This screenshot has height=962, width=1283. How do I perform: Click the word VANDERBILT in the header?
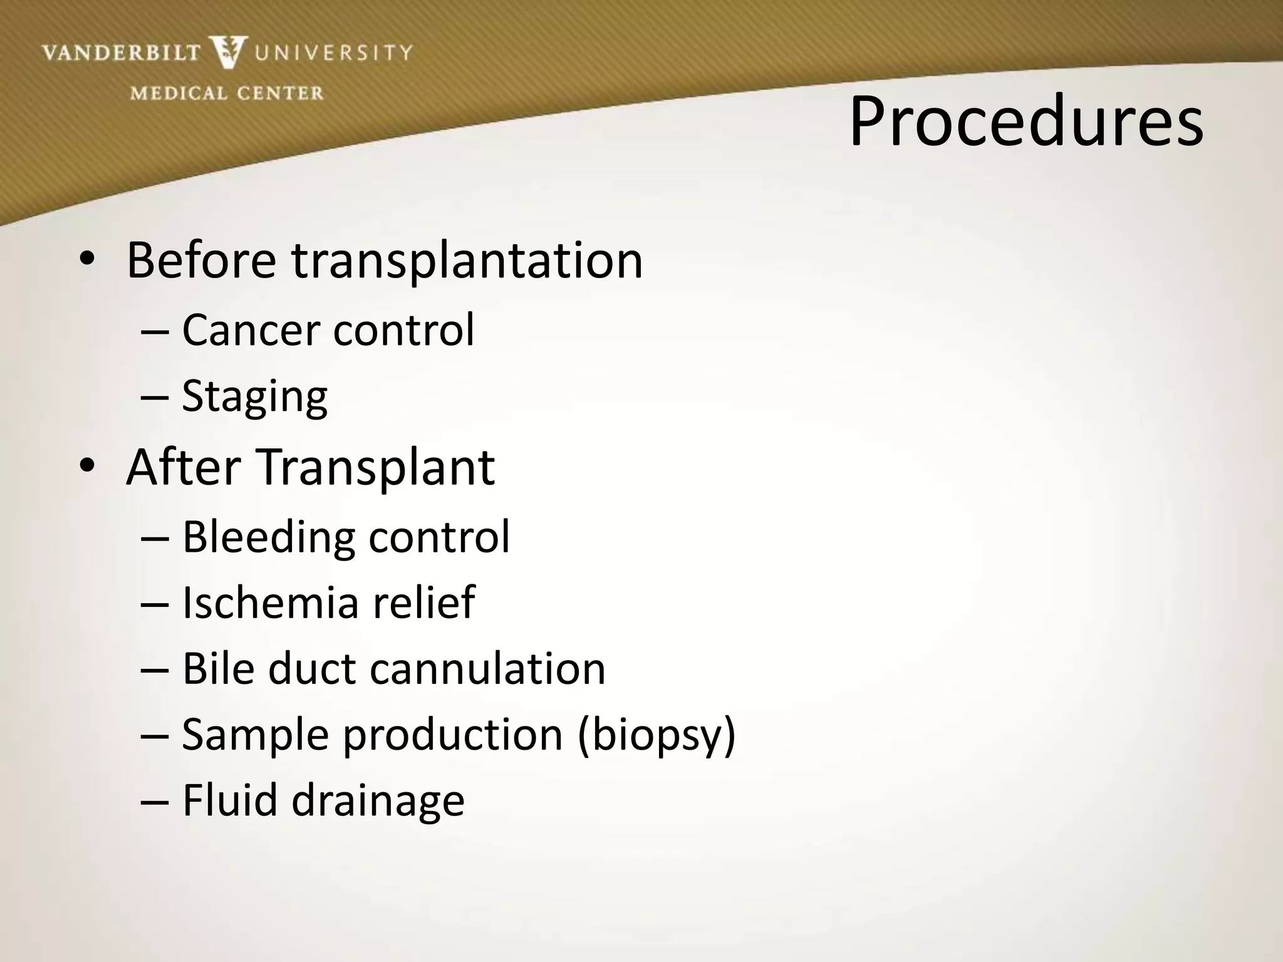coord(121,53)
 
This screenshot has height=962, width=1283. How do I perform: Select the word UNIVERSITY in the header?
coord(333,52)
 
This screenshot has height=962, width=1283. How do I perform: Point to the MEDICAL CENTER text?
coord(227,93)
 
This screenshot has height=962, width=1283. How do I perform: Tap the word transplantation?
coord(467,261)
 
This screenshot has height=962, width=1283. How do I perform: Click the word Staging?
coord(254,397)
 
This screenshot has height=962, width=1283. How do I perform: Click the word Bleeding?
coord(268,537)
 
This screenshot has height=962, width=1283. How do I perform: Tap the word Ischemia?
coord(271,603)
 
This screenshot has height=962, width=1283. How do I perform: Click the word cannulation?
coord(487,669)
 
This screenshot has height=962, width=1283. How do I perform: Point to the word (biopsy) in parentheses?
coord(657,735)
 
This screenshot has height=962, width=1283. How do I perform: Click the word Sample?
coord(255,735)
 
